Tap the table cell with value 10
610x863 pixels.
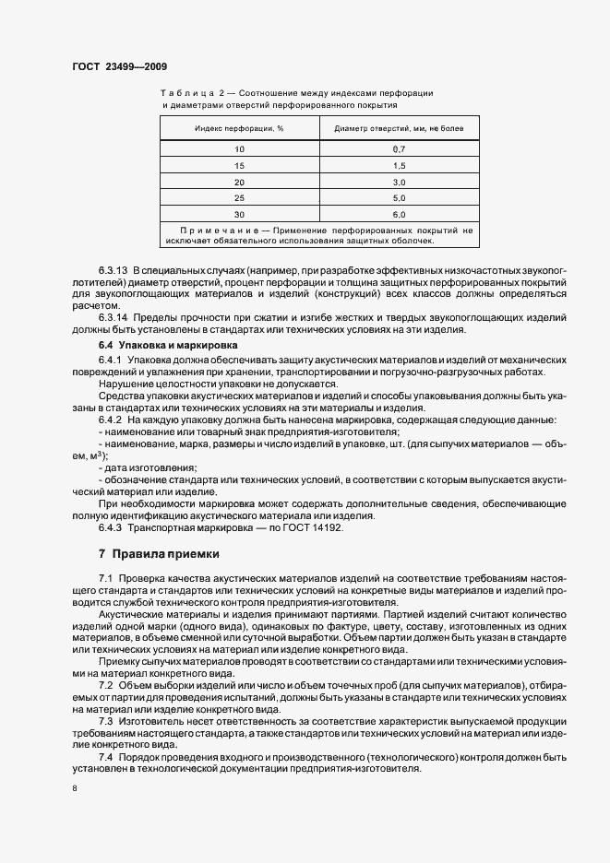pos(240,148)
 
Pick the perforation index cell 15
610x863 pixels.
pos(240,165)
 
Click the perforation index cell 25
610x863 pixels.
pos(240,198)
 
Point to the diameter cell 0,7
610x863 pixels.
pos(399,148)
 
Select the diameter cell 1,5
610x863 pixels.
pos(399,165)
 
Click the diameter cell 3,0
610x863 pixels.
pos(399,182)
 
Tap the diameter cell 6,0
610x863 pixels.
pos(399,214)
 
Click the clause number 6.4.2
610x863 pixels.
pos(110,420)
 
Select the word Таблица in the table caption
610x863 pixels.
pos(187,94)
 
